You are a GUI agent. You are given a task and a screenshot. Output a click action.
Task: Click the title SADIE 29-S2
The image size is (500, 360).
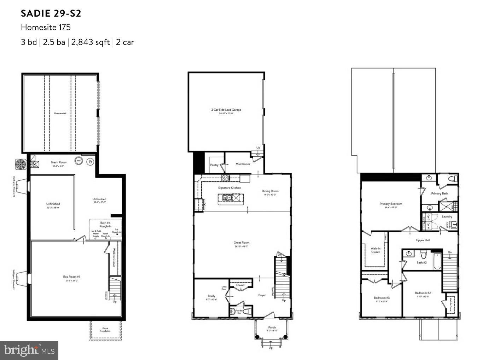click(51, 13)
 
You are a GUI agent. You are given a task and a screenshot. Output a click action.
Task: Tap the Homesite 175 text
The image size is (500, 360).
click(46, 27)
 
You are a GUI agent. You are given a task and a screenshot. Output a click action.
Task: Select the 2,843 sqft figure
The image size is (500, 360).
click(91, 42)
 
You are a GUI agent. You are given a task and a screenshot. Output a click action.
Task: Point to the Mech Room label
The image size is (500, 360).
click(59, 162)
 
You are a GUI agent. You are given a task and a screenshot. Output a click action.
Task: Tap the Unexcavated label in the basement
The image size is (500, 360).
click(60, 113)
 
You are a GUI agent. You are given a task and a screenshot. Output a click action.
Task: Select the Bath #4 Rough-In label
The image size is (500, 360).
click(105, 224)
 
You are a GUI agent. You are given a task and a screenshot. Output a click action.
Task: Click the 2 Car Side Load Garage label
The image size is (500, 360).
click(226, 110)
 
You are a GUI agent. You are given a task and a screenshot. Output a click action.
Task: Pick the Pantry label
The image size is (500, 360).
click(214, 165)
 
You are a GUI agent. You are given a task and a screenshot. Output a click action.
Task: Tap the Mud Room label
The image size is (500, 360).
click(243, 164)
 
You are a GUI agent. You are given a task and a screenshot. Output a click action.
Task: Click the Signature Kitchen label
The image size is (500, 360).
click(229, 188)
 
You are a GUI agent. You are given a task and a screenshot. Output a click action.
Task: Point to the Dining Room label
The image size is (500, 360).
click(270, 191)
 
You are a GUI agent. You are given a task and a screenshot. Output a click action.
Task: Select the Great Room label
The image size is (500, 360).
click(242, 243)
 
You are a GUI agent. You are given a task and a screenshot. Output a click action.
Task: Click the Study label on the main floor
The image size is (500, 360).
click(211, 296)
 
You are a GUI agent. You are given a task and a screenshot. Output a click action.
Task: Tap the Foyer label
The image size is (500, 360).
click(262, 295)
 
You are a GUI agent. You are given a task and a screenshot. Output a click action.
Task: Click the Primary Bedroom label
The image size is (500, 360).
click(391, 204)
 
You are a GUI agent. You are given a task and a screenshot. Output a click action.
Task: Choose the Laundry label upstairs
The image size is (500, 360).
click(447, 216)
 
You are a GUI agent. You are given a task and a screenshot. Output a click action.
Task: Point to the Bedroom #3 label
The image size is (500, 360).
click(382, 298)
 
